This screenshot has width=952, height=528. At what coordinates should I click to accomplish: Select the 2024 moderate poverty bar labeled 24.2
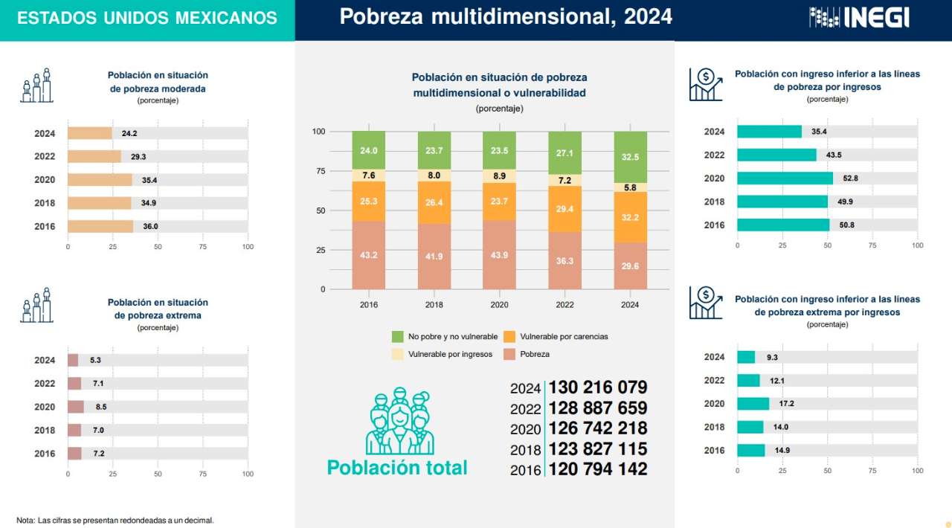pos(90,133)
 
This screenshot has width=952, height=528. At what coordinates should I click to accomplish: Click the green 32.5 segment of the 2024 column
pos(629,158)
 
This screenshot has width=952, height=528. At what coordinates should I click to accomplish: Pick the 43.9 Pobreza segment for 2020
pos(499,255)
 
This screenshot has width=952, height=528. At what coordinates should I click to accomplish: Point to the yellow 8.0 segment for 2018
pos(434,176)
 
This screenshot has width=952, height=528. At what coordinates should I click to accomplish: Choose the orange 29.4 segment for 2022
pos(565,210)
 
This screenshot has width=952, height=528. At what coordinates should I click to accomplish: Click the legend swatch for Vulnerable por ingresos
pos(397,354)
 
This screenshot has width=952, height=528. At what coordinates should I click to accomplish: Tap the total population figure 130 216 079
pos(597,387)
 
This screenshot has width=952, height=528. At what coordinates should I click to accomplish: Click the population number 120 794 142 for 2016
pos(597,469)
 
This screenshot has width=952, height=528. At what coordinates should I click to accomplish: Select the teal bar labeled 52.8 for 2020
pos(785,178)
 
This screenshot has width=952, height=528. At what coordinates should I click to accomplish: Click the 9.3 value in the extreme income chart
pos(772,358)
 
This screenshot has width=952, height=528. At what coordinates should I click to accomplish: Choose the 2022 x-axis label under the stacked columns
pos(565,305)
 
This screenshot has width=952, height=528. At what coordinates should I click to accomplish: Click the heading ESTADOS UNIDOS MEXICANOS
pos(147,19)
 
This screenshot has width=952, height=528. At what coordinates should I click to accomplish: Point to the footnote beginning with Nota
pos(115,521)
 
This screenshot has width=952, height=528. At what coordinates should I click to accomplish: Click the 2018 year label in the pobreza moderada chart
pos(45,203)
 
